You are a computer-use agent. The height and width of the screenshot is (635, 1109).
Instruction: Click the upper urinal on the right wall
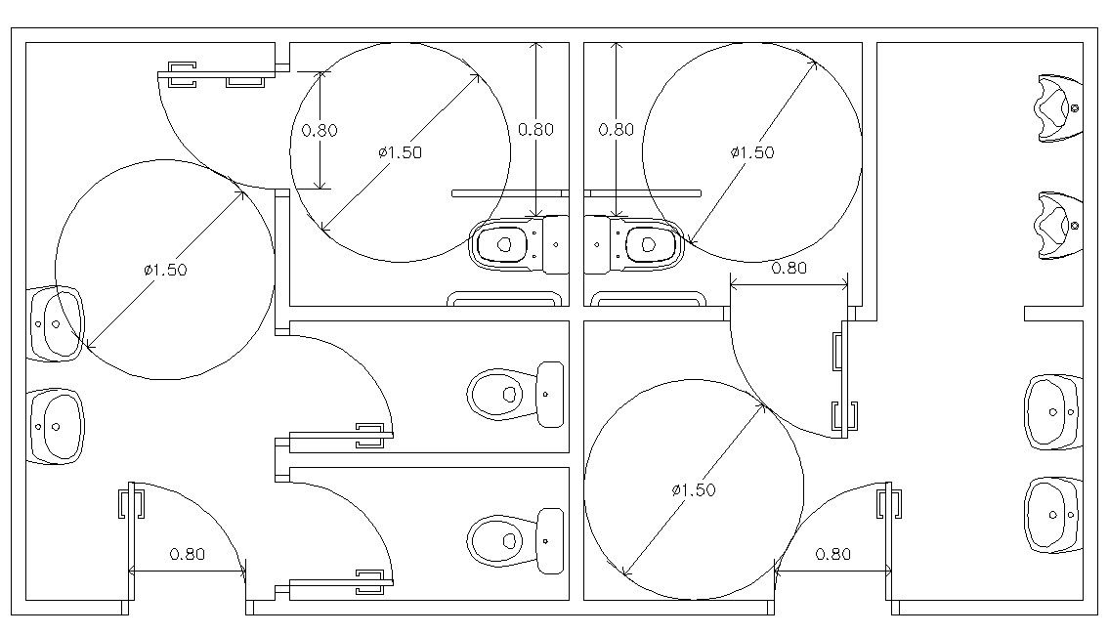click(1059, 108)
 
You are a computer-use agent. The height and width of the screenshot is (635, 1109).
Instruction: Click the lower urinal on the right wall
click(1059, 226)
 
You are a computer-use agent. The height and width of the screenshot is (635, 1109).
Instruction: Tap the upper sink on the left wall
click(55, 324)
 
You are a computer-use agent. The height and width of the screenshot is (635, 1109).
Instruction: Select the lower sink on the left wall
click(55, 426)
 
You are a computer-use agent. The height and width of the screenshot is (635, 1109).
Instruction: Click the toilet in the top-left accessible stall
click(519, 244)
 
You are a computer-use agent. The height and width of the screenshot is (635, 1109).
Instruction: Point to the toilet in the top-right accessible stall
click(634, 244)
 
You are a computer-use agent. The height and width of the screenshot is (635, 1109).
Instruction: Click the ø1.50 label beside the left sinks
click(165, 270)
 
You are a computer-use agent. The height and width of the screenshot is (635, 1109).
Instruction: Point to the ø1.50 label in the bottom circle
click(693, 489)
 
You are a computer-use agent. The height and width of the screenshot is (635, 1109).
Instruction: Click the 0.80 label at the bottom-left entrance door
click(188, 554)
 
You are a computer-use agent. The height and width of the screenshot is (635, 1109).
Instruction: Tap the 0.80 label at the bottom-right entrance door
click(833, 554)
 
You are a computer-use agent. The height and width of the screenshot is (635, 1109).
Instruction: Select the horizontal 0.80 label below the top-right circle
click(789, 268)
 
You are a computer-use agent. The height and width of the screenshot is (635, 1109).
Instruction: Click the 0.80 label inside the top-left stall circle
click(320, 130)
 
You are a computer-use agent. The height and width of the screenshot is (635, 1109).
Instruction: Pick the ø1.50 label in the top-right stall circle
click(751, 152)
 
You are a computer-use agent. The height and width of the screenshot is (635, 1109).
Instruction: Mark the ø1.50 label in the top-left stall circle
click(400, 152)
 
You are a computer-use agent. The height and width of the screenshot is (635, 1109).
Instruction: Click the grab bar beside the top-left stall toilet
click(509, 192)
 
